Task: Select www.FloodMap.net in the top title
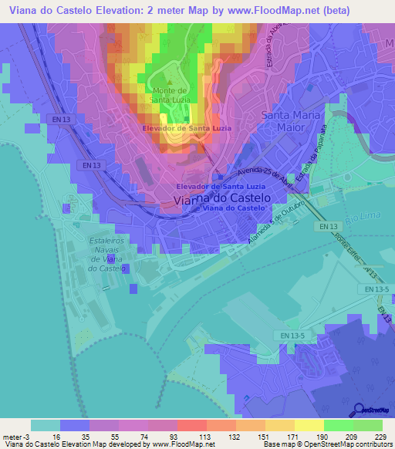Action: coord(262,11)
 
